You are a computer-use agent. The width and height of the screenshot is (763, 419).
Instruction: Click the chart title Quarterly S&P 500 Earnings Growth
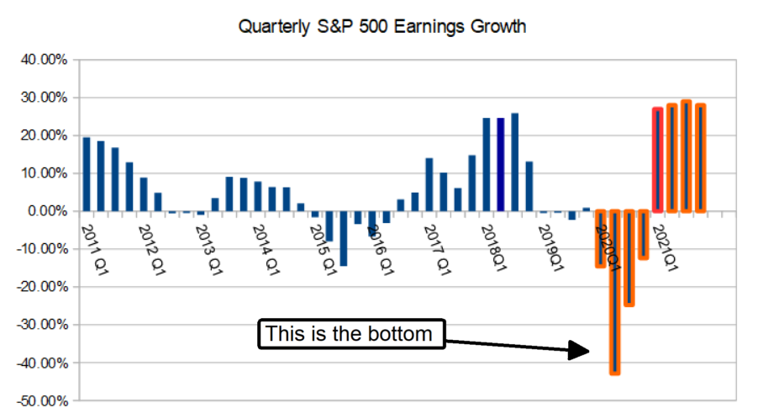tap(381, 27)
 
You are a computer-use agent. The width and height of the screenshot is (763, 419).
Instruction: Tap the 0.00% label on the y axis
tap(43, 211)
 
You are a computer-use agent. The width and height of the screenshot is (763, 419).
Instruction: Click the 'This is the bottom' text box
tap(350, 334)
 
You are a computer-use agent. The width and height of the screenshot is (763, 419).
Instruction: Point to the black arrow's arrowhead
tap(581, 349)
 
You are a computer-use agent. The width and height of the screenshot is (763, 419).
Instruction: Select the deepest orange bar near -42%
tap(614, 291)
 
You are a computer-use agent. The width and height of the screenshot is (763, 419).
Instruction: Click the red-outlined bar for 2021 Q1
tap(658, 160)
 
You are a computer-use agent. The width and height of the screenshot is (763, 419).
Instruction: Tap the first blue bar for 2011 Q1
tap(87, 174)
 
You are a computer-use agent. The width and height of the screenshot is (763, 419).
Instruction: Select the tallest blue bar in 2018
tap(514, 162)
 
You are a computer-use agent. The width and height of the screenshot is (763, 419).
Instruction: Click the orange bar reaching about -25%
tap(629, 257)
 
